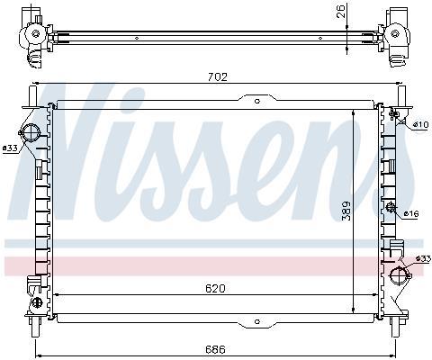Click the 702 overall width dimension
(218, 77)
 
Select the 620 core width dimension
(215, 289)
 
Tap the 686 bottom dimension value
(215, 349)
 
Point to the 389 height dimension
(346, 211)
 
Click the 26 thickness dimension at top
(341, 12)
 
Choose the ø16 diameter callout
(411, 213)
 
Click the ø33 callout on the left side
(10, 148)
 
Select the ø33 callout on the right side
(424, 258)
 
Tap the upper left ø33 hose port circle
(31, 132)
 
